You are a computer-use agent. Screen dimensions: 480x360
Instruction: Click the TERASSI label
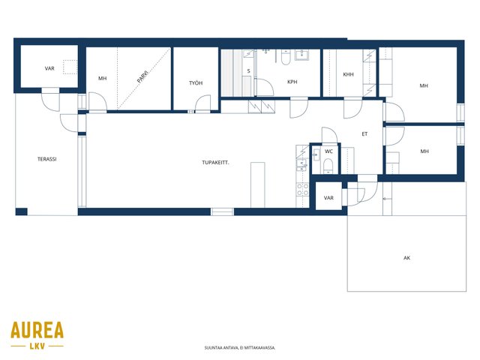pos(46,159)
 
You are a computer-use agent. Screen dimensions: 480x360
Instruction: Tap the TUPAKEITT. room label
pos(215,163)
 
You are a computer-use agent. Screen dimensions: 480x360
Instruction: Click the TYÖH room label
pos(196,83)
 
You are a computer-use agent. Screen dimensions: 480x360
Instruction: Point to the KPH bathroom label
pos(292,82)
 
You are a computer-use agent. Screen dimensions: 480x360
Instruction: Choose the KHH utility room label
pos(348,74)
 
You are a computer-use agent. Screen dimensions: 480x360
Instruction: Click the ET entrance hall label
pos(364,134)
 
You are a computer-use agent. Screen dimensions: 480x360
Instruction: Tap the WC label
pos(328,151)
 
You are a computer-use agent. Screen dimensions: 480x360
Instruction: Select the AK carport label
pos(406,258)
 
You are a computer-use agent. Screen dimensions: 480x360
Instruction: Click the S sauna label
pos(248,71)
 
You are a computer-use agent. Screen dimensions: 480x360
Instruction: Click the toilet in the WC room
pos(328,166)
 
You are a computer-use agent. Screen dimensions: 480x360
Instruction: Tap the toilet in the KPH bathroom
pos(286,57)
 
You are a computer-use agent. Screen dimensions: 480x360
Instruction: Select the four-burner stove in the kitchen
pos(302,189)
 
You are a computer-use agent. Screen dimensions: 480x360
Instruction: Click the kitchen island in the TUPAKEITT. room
pos(258,185)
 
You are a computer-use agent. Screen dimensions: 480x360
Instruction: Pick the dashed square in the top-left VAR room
pos(70,67)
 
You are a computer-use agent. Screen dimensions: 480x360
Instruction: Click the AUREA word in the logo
pos(37,330)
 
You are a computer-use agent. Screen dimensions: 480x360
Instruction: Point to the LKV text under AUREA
pos(37,346)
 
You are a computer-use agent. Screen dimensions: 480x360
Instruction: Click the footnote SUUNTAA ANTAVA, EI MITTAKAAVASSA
pos(240,348)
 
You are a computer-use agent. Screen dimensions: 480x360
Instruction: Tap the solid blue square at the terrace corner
pos(22,211)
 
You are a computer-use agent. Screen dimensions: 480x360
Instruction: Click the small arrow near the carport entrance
pos(387,199)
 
